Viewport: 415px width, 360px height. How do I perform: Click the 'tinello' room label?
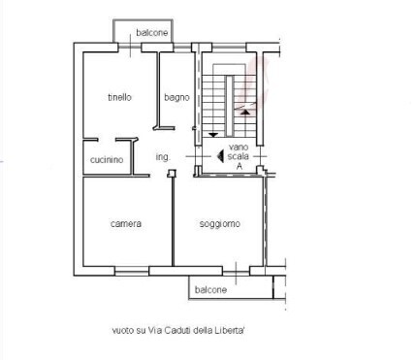(x=119, y=97)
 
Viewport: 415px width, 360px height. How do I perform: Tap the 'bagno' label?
(x=176, y=97)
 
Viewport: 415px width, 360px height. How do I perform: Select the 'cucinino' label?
(x=107, y=160)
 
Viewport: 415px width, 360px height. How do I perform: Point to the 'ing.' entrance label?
(x=162, y=156)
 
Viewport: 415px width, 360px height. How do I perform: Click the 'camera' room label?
(x=125, y=224)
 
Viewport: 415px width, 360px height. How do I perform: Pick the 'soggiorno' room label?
(x=220, y=224)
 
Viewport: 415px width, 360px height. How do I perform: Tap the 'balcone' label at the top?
(x=151, y=33)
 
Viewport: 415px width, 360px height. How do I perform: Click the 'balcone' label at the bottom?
(x=210, y=289)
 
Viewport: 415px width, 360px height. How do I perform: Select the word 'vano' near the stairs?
(x=239, y=147)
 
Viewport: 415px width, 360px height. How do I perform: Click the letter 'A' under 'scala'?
(x=239, y=167)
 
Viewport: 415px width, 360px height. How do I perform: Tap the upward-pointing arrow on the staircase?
(x=245, y=112)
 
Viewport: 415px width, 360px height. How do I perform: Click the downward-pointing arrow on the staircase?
(x=211, y=135)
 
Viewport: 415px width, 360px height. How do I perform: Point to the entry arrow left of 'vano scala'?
(x=220, y=156)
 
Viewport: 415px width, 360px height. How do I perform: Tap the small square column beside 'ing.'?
(x=171, y=174)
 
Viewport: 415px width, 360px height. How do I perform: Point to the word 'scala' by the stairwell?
(x=239, y=156)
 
